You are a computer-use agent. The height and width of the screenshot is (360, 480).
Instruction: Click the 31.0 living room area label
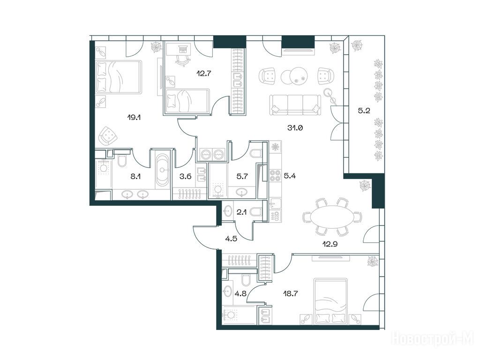295,128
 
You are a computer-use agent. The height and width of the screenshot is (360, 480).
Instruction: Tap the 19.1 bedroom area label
134,117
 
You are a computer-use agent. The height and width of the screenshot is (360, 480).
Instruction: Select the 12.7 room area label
204,73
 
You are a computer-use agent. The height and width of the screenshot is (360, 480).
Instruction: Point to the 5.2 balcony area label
364,111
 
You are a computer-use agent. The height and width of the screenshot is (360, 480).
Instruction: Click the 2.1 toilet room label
242,212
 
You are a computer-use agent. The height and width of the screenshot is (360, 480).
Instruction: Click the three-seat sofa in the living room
295,105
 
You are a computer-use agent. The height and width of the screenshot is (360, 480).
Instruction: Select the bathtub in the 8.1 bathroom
162,169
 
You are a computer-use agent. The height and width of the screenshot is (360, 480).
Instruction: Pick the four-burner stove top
275,176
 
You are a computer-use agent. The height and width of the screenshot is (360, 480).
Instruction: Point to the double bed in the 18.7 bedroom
330,301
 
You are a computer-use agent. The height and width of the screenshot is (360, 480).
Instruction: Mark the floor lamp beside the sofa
331,96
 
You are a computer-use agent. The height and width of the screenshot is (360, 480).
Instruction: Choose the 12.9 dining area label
330,244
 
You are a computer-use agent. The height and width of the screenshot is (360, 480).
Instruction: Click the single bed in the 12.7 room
187,100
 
